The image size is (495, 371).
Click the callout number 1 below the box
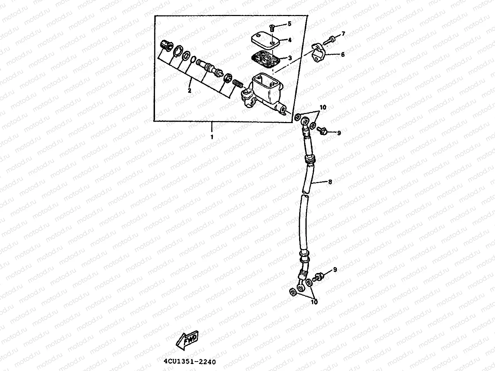coord(212,137)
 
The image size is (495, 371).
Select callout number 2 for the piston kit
coord(190,91)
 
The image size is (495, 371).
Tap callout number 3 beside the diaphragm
coord(290,58)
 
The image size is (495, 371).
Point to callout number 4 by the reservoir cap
coord(290,40)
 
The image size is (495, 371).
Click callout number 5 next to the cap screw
coord(289,24)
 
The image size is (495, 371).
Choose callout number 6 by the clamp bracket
coord(342,54)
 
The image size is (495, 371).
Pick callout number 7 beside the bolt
coord(343,34)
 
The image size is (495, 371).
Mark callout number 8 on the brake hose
coord(330,182)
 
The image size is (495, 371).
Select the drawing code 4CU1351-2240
coord(190,362)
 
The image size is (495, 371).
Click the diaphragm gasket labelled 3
coord(266,59)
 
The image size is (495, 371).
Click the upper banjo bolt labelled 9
coord(321,131)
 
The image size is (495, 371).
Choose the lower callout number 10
coord(314,302)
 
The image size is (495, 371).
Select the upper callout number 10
coord(323,107)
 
